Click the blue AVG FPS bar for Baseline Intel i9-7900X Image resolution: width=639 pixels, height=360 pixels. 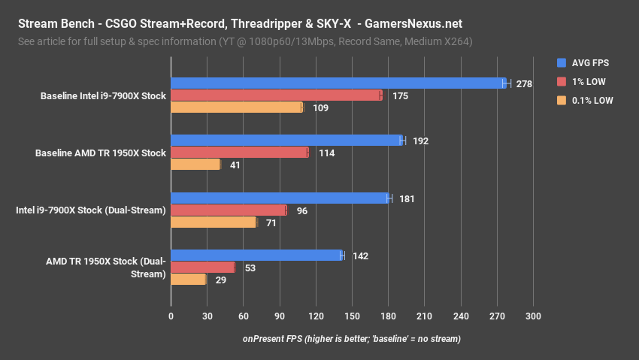[338, 83]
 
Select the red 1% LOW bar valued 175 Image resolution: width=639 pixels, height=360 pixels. [276, 95]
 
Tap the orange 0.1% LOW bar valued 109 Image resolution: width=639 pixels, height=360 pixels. [236, 107]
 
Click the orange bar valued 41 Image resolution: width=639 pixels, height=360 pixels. [195, 164]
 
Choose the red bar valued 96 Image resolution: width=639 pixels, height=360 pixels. [229, 210]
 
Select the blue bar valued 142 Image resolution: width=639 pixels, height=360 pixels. [256, 256]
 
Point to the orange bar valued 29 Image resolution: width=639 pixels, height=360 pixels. [188, 280]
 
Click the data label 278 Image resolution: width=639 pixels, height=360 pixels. [524, 84]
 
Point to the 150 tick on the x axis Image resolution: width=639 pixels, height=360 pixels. [352, 316]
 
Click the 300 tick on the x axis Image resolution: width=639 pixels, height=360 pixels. [533, 316]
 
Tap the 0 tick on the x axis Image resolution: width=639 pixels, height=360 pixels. [171, 316]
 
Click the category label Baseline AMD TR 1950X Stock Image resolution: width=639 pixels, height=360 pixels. [100, 153]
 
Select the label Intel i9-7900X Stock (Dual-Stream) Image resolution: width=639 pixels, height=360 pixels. [90, 210]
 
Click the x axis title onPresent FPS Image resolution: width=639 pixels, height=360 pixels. [351, 339]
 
